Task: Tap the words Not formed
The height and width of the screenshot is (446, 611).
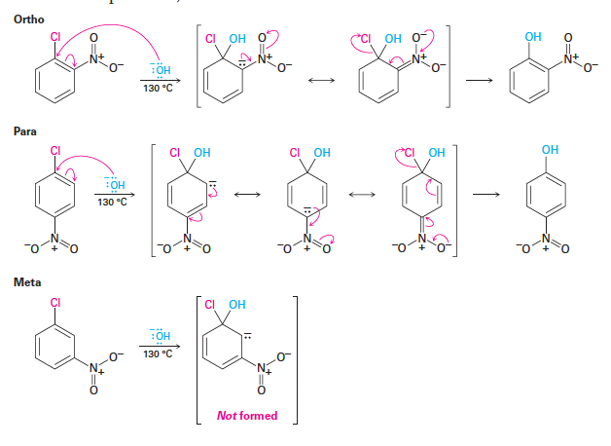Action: [245, 417]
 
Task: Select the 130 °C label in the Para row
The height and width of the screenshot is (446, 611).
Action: [113, 202]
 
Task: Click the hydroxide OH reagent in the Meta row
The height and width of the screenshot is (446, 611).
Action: [158, 334]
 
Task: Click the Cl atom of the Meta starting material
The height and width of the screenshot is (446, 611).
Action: [56, 303]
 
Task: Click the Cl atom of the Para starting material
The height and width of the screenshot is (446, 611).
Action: [55, 150]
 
